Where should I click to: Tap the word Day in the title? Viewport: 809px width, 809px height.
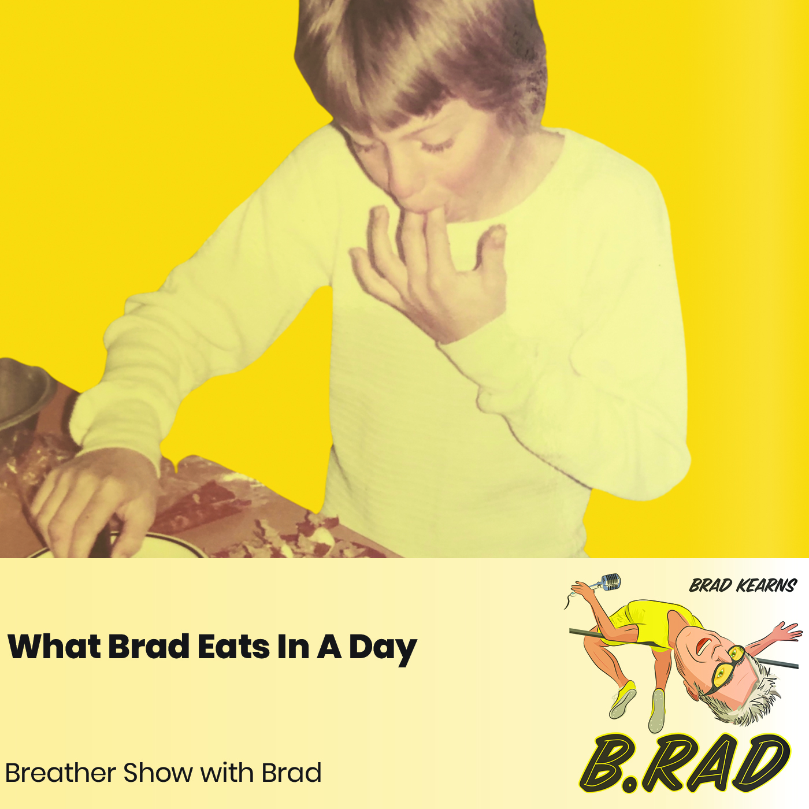383,648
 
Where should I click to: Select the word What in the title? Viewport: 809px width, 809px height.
55,647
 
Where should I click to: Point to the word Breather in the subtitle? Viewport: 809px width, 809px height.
60,773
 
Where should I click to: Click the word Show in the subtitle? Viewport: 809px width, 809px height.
158,773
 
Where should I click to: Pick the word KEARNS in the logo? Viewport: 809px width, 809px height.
766,586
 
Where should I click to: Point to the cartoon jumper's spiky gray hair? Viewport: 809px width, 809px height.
751,693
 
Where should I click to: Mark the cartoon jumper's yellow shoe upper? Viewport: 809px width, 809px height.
625,696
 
